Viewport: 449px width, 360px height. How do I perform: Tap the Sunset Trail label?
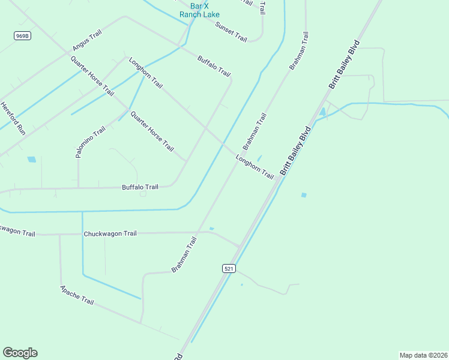231,32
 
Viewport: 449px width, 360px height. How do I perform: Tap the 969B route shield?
22,36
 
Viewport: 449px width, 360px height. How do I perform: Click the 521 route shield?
228,269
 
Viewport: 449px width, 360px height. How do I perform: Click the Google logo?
20,353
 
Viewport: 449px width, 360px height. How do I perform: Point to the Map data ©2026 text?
423,355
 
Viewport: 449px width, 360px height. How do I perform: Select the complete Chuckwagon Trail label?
110,233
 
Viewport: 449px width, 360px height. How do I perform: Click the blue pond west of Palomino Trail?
31,160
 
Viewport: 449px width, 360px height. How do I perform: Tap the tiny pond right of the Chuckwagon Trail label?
211,229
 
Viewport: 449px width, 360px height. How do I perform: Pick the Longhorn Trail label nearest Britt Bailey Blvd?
255,167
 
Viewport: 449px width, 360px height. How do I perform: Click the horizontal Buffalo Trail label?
140,187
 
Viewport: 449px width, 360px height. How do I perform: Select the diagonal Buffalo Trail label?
214,66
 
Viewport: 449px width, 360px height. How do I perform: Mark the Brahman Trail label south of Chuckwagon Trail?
184,254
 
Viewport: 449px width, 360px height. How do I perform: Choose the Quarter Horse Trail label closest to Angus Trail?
92,76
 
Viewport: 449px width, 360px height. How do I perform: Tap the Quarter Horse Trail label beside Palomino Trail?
152,131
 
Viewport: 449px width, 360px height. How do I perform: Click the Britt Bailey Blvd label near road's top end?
344,65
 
